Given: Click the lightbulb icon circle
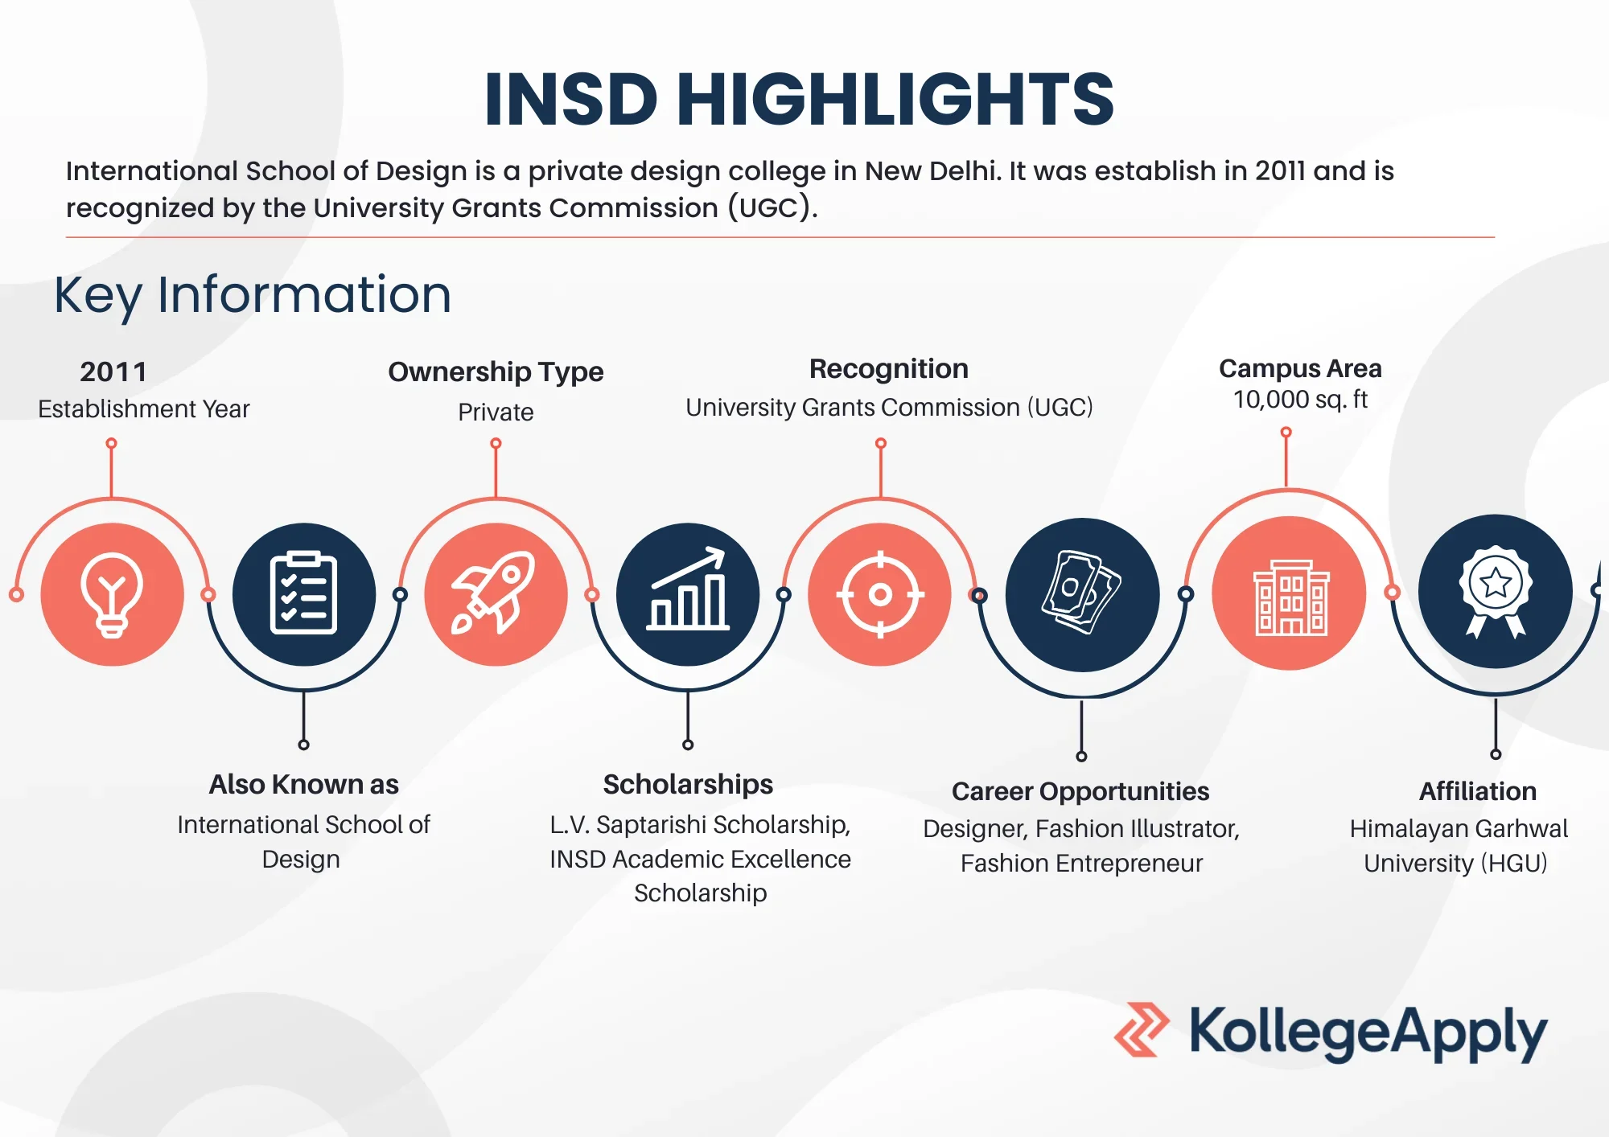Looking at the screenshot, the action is click(113, 594).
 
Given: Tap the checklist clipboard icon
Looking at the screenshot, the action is click(303, 593).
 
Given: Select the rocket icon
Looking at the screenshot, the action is click(494, 593).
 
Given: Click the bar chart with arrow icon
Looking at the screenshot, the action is click(688, 589).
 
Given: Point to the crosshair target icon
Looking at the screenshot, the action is click(880, 594).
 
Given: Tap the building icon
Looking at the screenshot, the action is click(1290, 597).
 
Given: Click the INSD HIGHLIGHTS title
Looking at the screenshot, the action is click(799, 99).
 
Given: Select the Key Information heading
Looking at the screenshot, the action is click(253, 295).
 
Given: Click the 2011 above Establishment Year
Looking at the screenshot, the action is click(113, 371).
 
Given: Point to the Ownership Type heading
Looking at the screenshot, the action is click(496, 372).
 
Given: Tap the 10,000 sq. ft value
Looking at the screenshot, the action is click(1300, 400).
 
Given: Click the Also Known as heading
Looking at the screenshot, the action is click(303, 784).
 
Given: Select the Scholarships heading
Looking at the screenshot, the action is click(688, 785).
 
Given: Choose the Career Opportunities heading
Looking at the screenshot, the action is click(1080, 792).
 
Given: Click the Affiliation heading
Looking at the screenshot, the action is click(1478, 791).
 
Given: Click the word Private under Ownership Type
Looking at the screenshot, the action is click(496, 412).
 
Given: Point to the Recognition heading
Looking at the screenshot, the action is click(889, 369).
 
